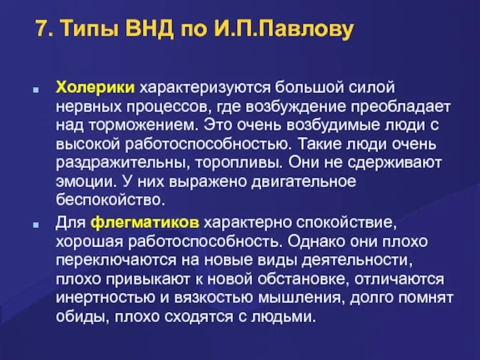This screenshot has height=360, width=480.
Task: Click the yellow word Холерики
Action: point(95,88)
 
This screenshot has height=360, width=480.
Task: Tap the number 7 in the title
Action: point(40,30)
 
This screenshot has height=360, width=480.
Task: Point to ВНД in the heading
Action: point(150,30)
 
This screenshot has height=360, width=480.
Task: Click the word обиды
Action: point(77,316)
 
